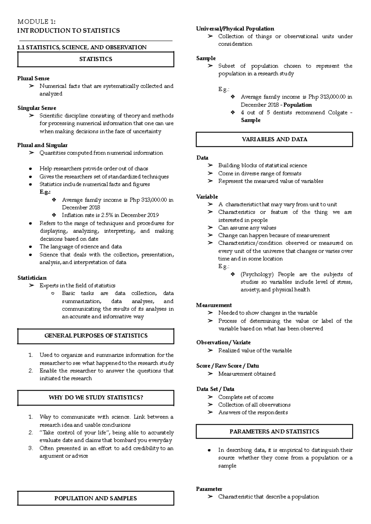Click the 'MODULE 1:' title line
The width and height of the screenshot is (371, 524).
36,22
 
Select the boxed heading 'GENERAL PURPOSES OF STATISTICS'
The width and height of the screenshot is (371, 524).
96,336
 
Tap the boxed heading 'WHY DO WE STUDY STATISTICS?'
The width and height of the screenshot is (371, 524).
96,397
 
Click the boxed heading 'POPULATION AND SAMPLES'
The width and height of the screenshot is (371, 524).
96,498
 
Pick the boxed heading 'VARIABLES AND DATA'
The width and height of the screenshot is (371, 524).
274,139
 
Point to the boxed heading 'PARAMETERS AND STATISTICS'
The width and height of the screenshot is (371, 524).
274,432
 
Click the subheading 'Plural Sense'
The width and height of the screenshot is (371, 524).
33,79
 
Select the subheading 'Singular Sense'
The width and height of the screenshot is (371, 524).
37,108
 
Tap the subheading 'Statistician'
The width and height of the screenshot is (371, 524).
32,278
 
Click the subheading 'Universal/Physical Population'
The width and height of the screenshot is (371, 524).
235,29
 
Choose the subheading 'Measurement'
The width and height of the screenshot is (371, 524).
214,305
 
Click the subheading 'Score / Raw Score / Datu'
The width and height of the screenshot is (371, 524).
228,366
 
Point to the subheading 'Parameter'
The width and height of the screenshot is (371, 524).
209,489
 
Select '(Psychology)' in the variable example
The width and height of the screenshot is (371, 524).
257,274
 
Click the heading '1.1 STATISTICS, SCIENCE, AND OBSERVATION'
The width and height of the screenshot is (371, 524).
82,47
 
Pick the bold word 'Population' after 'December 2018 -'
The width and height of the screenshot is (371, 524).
297,105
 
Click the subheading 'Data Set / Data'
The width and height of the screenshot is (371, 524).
215,389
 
